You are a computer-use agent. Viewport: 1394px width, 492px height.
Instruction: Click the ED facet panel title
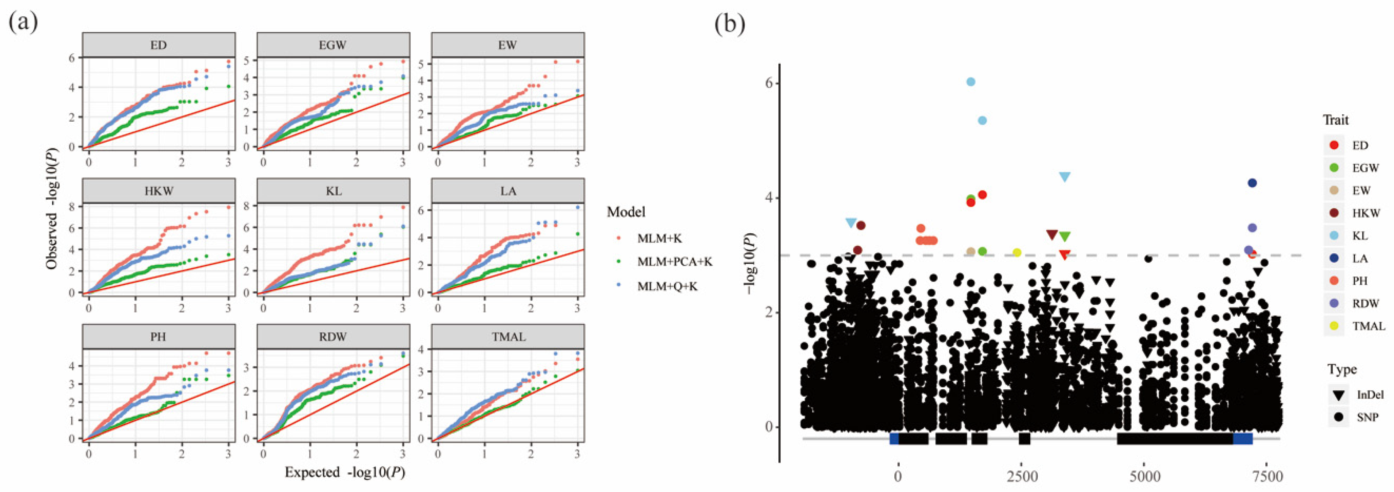point(158,45)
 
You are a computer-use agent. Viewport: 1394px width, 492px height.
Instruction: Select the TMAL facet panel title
point(508,337)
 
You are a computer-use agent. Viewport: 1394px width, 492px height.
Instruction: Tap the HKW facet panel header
point(158,191)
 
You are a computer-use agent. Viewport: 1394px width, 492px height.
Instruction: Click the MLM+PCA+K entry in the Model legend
point(674,262)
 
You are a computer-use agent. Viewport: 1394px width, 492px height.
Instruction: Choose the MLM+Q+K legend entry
point(667,287)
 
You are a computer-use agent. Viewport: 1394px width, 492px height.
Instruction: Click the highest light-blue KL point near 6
point(971,81)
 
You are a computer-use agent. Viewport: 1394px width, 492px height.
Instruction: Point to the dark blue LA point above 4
point(1252,183)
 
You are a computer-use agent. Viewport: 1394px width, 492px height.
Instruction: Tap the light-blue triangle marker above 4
point(1064,177)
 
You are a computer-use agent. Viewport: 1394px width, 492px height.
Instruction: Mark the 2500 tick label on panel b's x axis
point(1022,477)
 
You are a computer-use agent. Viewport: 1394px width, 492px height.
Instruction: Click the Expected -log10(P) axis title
point(345,473)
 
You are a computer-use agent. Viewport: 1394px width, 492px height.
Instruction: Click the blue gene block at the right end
point(1243,438)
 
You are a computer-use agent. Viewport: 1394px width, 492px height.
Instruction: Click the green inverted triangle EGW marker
point(1064,237)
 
